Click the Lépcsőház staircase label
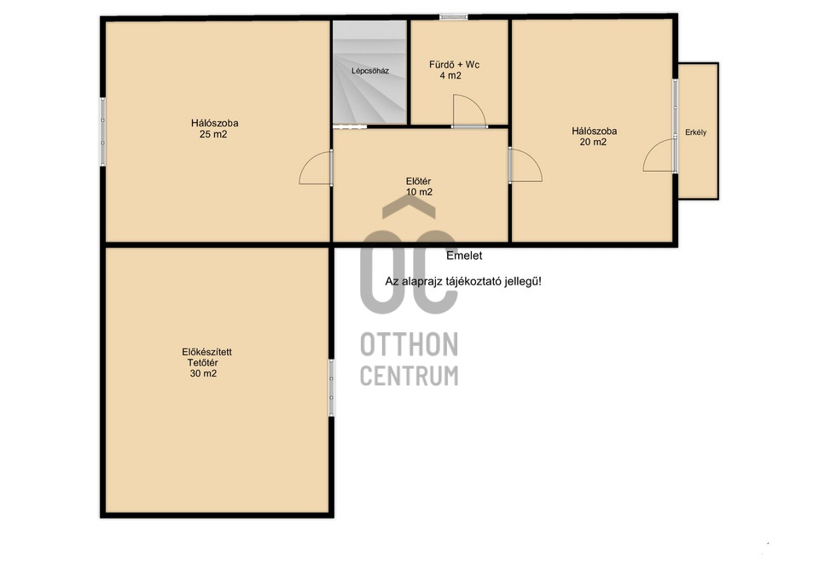pyautogui.click(x=369, y=71)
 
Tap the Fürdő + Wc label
pyautogui.click(x=454, y=65)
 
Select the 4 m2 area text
pyautogui.click(x=450, y=76)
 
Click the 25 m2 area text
pyautogui.click(x=213, y=134)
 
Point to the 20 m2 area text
pyautogui.click(x=593, y=143)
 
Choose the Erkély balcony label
pyautogui.click(x=696, y=133)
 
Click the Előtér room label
pyautogui.click(x=418, y=181)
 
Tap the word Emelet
pyautogui.click(x=464, y=255)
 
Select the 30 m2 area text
pyautogui.click(x=203, y=373)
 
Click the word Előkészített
pyautogui.click(x=206, y=352)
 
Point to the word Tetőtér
pyautogui.click(x=203, y=363)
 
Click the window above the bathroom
pyautogui.click(x=453, y=17)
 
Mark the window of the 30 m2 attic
pyautogui.click(x=331, y=388)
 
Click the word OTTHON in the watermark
pyautogui.click(x=409, y=344)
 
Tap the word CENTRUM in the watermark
pyautogui.click(x=409, y=376)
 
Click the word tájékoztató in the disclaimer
pyautogui.click(x=473, y=282)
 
